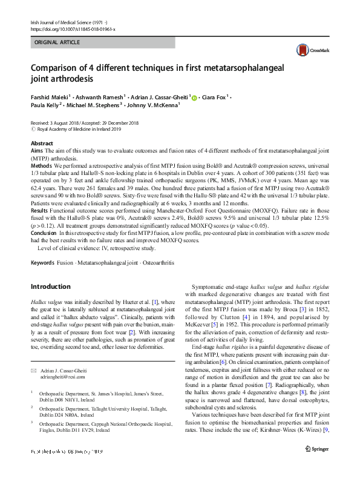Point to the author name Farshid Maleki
pyautogui.click(x=51, y=96)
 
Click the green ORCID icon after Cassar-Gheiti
pyautogui.click(x=194, y=96)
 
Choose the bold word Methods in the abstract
pyautogui.click(x=41, y=165)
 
